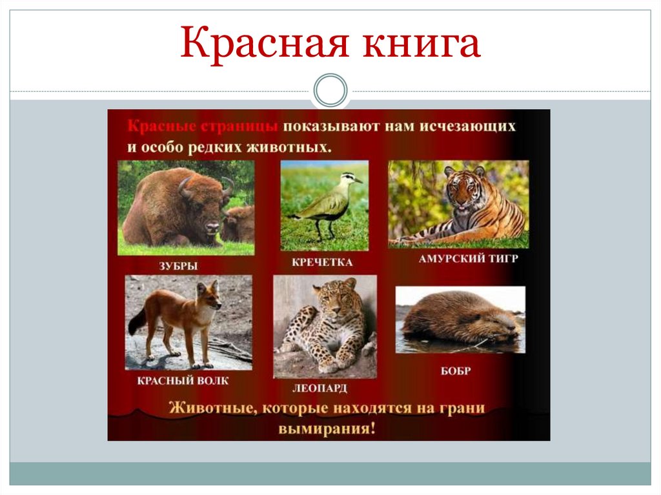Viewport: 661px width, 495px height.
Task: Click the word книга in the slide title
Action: pos(417,45)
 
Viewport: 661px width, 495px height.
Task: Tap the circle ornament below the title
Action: pos(330,90)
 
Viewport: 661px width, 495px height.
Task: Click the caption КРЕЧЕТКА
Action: pos(323,262)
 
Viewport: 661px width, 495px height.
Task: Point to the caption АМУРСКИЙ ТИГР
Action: pos(460,258)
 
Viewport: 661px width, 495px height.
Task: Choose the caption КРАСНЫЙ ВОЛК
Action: pos(183,380)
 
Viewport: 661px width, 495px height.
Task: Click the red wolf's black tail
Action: pos(137,321)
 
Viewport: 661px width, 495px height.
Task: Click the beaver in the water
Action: pos(460,319)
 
